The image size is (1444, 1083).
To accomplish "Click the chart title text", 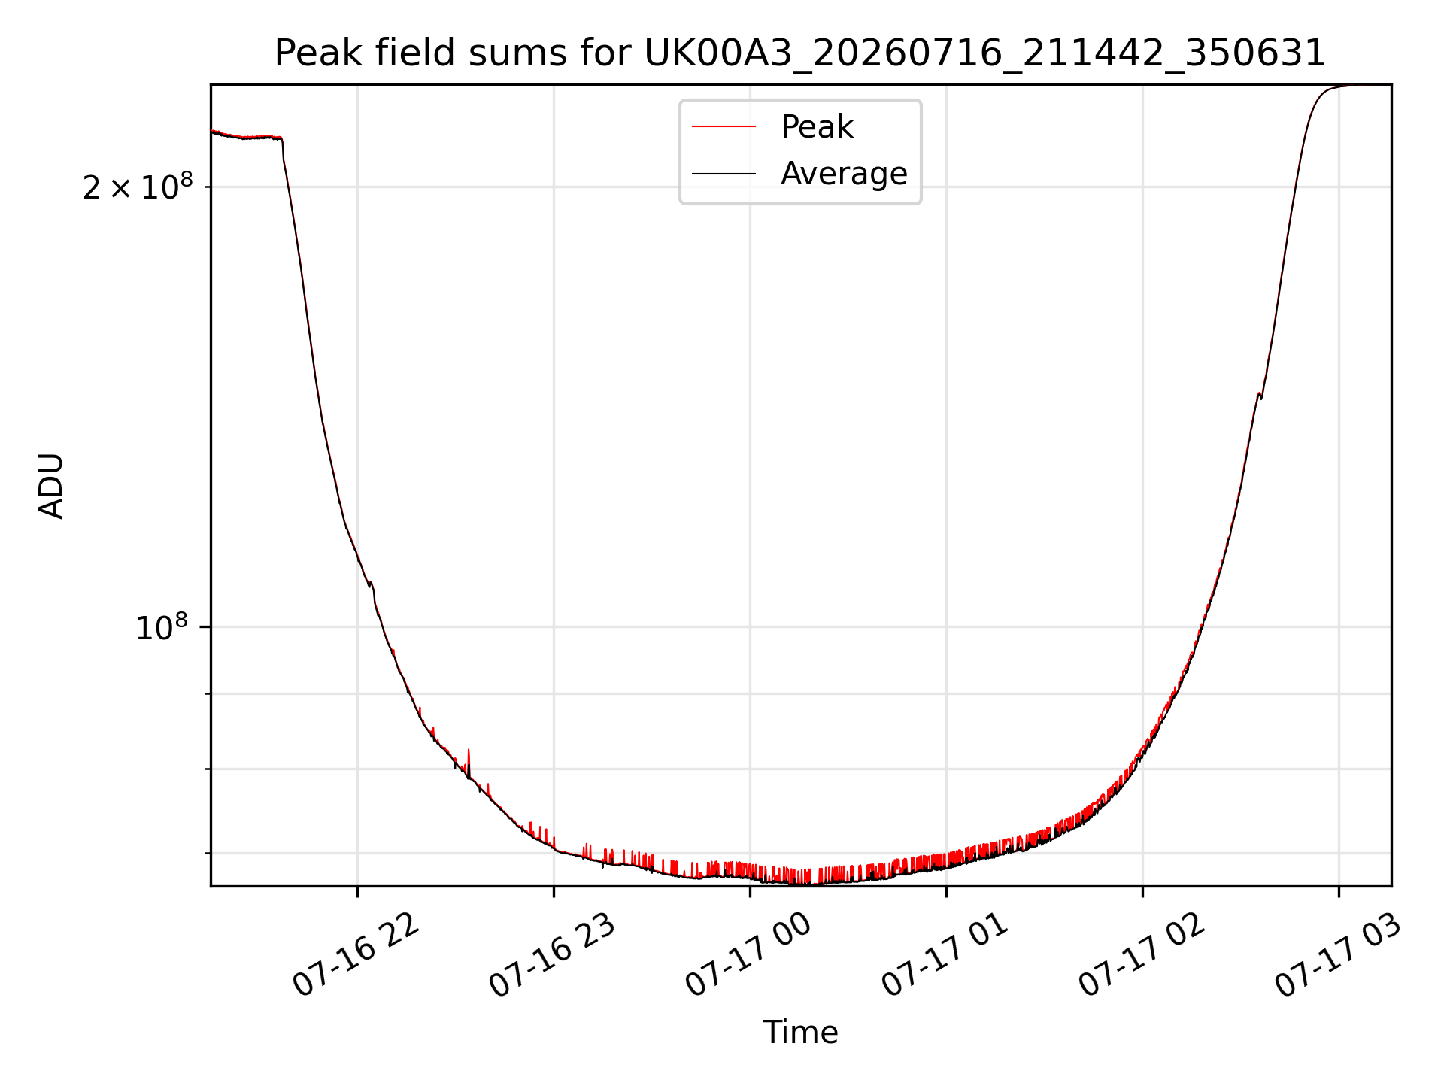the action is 800,53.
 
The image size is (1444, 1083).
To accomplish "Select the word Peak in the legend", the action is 817,127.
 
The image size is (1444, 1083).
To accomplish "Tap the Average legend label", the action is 844,174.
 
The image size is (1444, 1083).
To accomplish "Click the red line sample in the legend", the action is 724,127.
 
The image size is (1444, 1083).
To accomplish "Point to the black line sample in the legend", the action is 724,174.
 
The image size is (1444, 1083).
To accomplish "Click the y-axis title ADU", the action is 51,486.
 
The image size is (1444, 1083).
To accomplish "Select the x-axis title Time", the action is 800,1033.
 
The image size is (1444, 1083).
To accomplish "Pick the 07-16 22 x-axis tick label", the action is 355,955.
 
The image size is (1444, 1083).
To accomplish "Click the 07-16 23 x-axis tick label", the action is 552,955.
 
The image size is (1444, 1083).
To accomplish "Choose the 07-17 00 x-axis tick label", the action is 748,955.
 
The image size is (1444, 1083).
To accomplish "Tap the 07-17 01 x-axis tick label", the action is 945,955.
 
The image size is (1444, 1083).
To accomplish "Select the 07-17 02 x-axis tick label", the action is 1142,955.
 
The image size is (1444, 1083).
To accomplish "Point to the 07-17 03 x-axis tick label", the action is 1338,955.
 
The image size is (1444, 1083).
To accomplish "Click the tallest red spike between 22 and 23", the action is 469,760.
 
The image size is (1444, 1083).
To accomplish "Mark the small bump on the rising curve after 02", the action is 1260,395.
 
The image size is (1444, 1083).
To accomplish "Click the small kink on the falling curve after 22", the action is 372,585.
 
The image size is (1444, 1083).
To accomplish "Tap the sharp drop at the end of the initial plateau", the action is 283,150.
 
